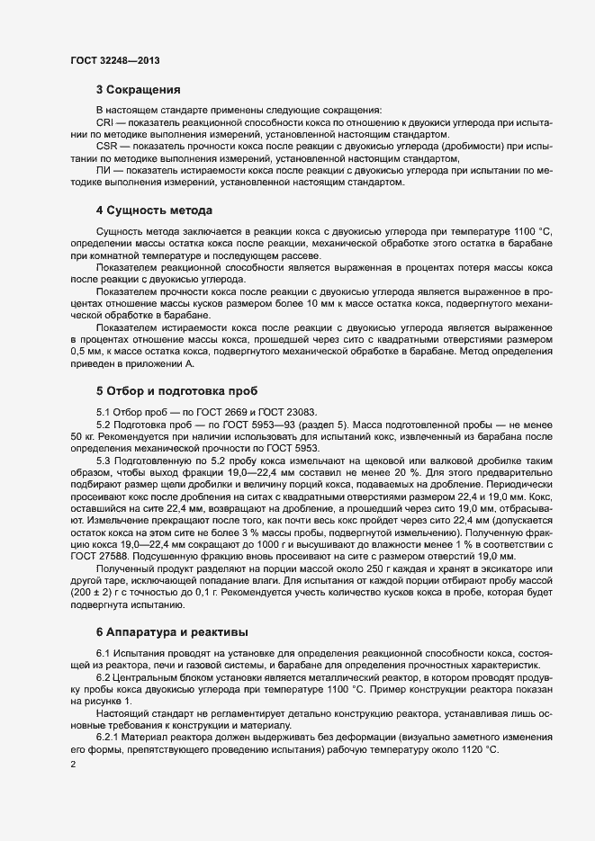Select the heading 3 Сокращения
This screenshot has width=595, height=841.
pos(139,90)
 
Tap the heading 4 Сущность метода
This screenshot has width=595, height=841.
pos(154,210)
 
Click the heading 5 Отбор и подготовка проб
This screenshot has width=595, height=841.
pos(176,391)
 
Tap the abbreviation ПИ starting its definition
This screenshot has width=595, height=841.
pos(104,170)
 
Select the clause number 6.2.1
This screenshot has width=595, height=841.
pos(108,737)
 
